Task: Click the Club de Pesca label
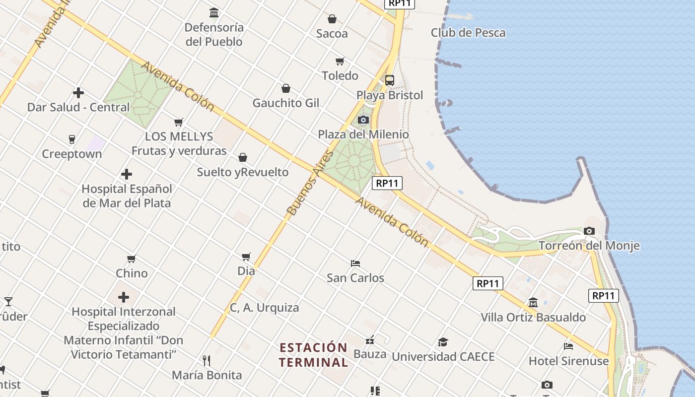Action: [x=468, y=33]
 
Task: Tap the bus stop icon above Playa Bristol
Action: [x=390, y=80]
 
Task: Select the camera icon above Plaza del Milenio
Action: [x=363, y=120]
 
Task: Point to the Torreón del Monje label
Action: [x=589, y=246]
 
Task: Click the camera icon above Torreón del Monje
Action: [x=589, y=231]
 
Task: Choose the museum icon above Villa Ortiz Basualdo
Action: [x=533, y=302]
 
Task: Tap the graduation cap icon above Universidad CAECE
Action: [x=443, y=342]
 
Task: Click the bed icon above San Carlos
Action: [x=355, y=263]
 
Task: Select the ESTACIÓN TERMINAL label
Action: [x=313, y=355]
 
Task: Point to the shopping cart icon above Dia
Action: [x=246, y=257]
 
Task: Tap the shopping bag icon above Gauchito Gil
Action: [x=286, y=88]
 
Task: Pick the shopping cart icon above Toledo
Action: [x=340, y=61]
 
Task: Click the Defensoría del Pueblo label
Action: [x=214, y=34]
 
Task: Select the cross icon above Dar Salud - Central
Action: [x=78, y=93]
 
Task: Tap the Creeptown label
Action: [x=72, y=154]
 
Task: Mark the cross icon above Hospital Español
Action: [x=127, y=174]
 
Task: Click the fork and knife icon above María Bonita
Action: [x=207, y=360]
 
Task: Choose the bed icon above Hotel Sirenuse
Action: [x=568, y=346]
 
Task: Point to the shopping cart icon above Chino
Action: [x=132, y=259]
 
